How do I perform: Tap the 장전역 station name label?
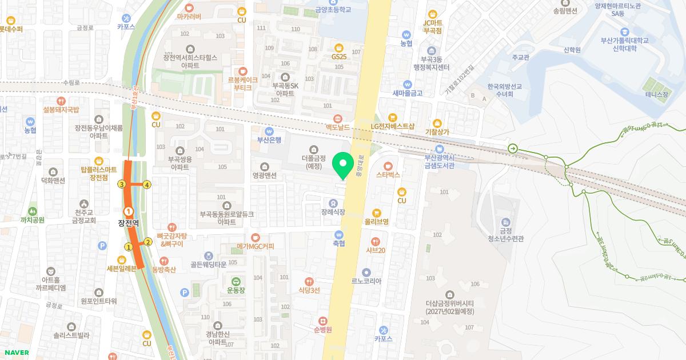tap(129, 223)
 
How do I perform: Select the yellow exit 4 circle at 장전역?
tap(147, 185)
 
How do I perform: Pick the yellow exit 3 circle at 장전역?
tap(121, 184)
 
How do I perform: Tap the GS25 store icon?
tap(339, 47)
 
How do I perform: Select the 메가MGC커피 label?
tap(256, 246)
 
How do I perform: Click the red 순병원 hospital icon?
tap(323, 321)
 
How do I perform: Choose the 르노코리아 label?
tap(366, 281)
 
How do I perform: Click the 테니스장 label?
tap(656, 94)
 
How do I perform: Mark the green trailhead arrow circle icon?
tap(512, 149)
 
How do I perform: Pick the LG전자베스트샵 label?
tap(392, 126)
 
